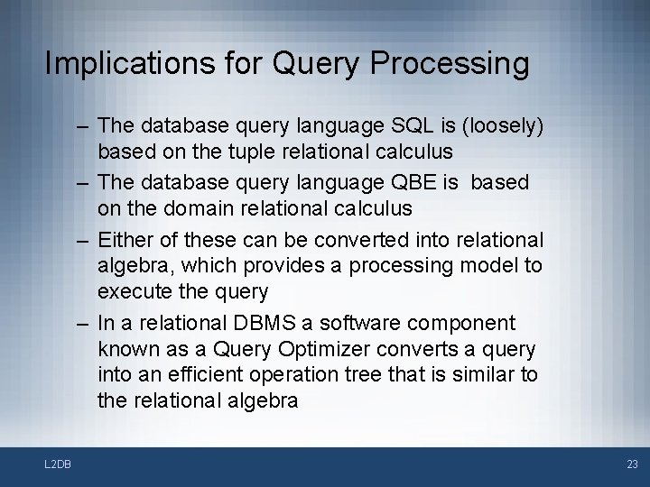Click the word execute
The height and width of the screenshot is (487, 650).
[x=132, y=291]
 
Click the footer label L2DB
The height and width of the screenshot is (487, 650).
[x=57, y=464]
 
